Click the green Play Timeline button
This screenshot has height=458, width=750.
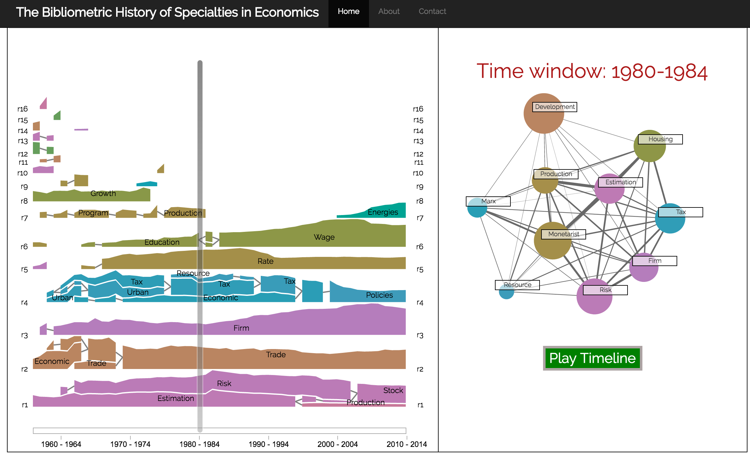[592, 358]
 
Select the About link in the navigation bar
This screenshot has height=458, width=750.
[389, 11]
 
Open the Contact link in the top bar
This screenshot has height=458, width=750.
[432, 11]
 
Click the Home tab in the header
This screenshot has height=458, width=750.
[348, 11]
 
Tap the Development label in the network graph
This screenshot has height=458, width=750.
[555, 107]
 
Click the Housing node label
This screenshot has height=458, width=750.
[660, 139]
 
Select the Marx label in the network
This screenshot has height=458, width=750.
[488, 201]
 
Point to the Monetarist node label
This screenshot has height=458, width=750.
[564, 234]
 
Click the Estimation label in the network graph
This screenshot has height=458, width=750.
[621, 182]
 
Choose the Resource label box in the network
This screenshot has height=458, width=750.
[517, 285]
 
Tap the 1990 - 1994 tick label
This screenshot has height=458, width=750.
[269, 444]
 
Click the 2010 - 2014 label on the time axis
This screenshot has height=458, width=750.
[407, 444]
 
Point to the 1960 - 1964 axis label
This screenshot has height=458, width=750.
[61, 444]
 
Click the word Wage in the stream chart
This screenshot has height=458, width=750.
[324, 237]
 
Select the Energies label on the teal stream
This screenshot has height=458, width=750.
[383, 212]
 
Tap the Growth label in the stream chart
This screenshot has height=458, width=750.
[103, 194]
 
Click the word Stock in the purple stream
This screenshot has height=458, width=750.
[393, 391]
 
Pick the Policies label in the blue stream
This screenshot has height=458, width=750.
[379, 295]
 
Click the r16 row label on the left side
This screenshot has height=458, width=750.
[22, 109]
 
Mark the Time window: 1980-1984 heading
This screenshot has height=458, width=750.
[592, 71]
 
